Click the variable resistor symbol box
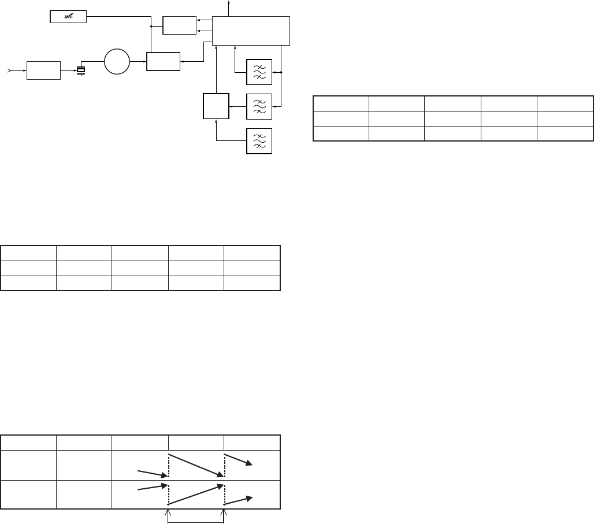68,17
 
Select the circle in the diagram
117,62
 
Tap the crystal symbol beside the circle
81,70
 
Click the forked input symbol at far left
8,70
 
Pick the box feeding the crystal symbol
44,70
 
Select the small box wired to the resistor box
180,25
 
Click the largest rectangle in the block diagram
251,31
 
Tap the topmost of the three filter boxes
259,72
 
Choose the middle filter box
259,106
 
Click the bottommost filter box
259,140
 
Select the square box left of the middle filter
216,106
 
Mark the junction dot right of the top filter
281,73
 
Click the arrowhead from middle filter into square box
231,106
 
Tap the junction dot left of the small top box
151,27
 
